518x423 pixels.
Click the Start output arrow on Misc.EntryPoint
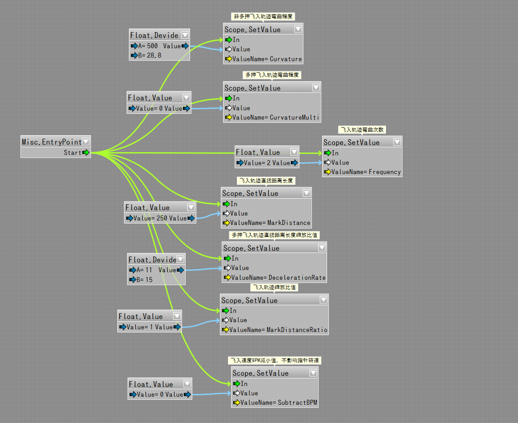coord(86,153)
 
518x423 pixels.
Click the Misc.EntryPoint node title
coord(52,142)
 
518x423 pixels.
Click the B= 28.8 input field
coord(146,55)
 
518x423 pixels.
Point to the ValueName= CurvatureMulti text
coord(275,117)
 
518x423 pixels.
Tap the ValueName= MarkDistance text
coord(270,223)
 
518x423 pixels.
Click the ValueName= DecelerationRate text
coord(278,278)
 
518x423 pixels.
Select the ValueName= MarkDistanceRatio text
coord(278,330)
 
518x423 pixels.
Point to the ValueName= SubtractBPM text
coord(279,402)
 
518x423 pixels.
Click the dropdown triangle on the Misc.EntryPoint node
coord(86,141)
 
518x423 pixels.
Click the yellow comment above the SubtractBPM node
coord(275,360)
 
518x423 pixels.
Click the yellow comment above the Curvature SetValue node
coord(263,17)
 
